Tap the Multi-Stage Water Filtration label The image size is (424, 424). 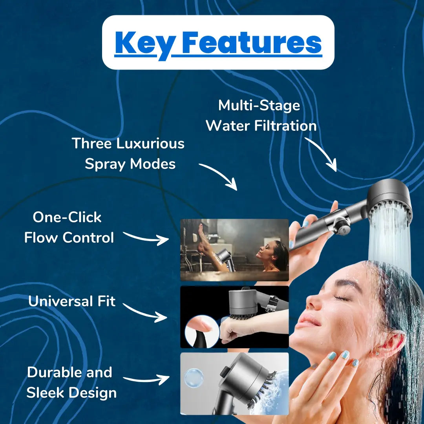coord(261,115)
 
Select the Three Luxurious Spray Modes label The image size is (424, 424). coord(128,154)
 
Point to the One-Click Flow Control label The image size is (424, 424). coord(69,227)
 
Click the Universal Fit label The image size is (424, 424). coord(72,301)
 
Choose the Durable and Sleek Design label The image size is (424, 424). coord(71,382)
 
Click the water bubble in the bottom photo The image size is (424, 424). coord(194,378)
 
